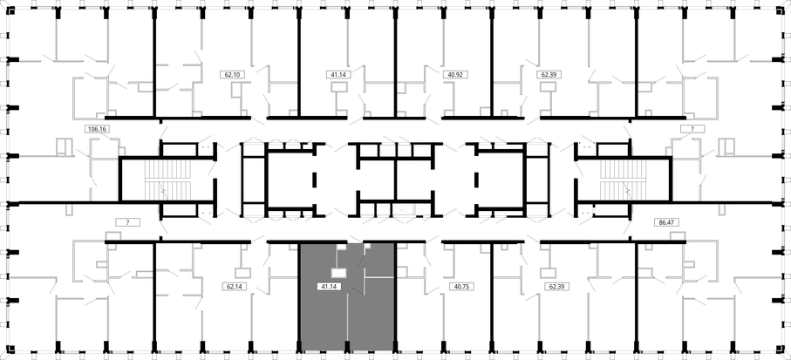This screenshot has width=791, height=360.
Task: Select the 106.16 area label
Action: (98, 129)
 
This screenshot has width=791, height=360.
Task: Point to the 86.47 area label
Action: (667, 221)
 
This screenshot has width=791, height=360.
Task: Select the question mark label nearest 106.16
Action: (127, 222)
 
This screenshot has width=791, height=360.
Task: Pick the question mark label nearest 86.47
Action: (692, 129)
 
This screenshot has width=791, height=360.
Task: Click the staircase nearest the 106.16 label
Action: (168, 180)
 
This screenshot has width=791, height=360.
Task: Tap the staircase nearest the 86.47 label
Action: (623, 180)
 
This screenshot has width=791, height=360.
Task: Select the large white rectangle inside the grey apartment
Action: (338, 273)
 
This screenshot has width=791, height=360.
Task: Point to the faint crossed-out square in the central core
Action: (406, 211)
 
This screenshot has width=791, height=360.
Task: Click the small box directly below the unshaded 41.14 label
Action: (339, 87)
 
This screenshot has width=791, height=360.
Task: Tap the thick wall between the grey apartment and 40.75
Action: (395, 296)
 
